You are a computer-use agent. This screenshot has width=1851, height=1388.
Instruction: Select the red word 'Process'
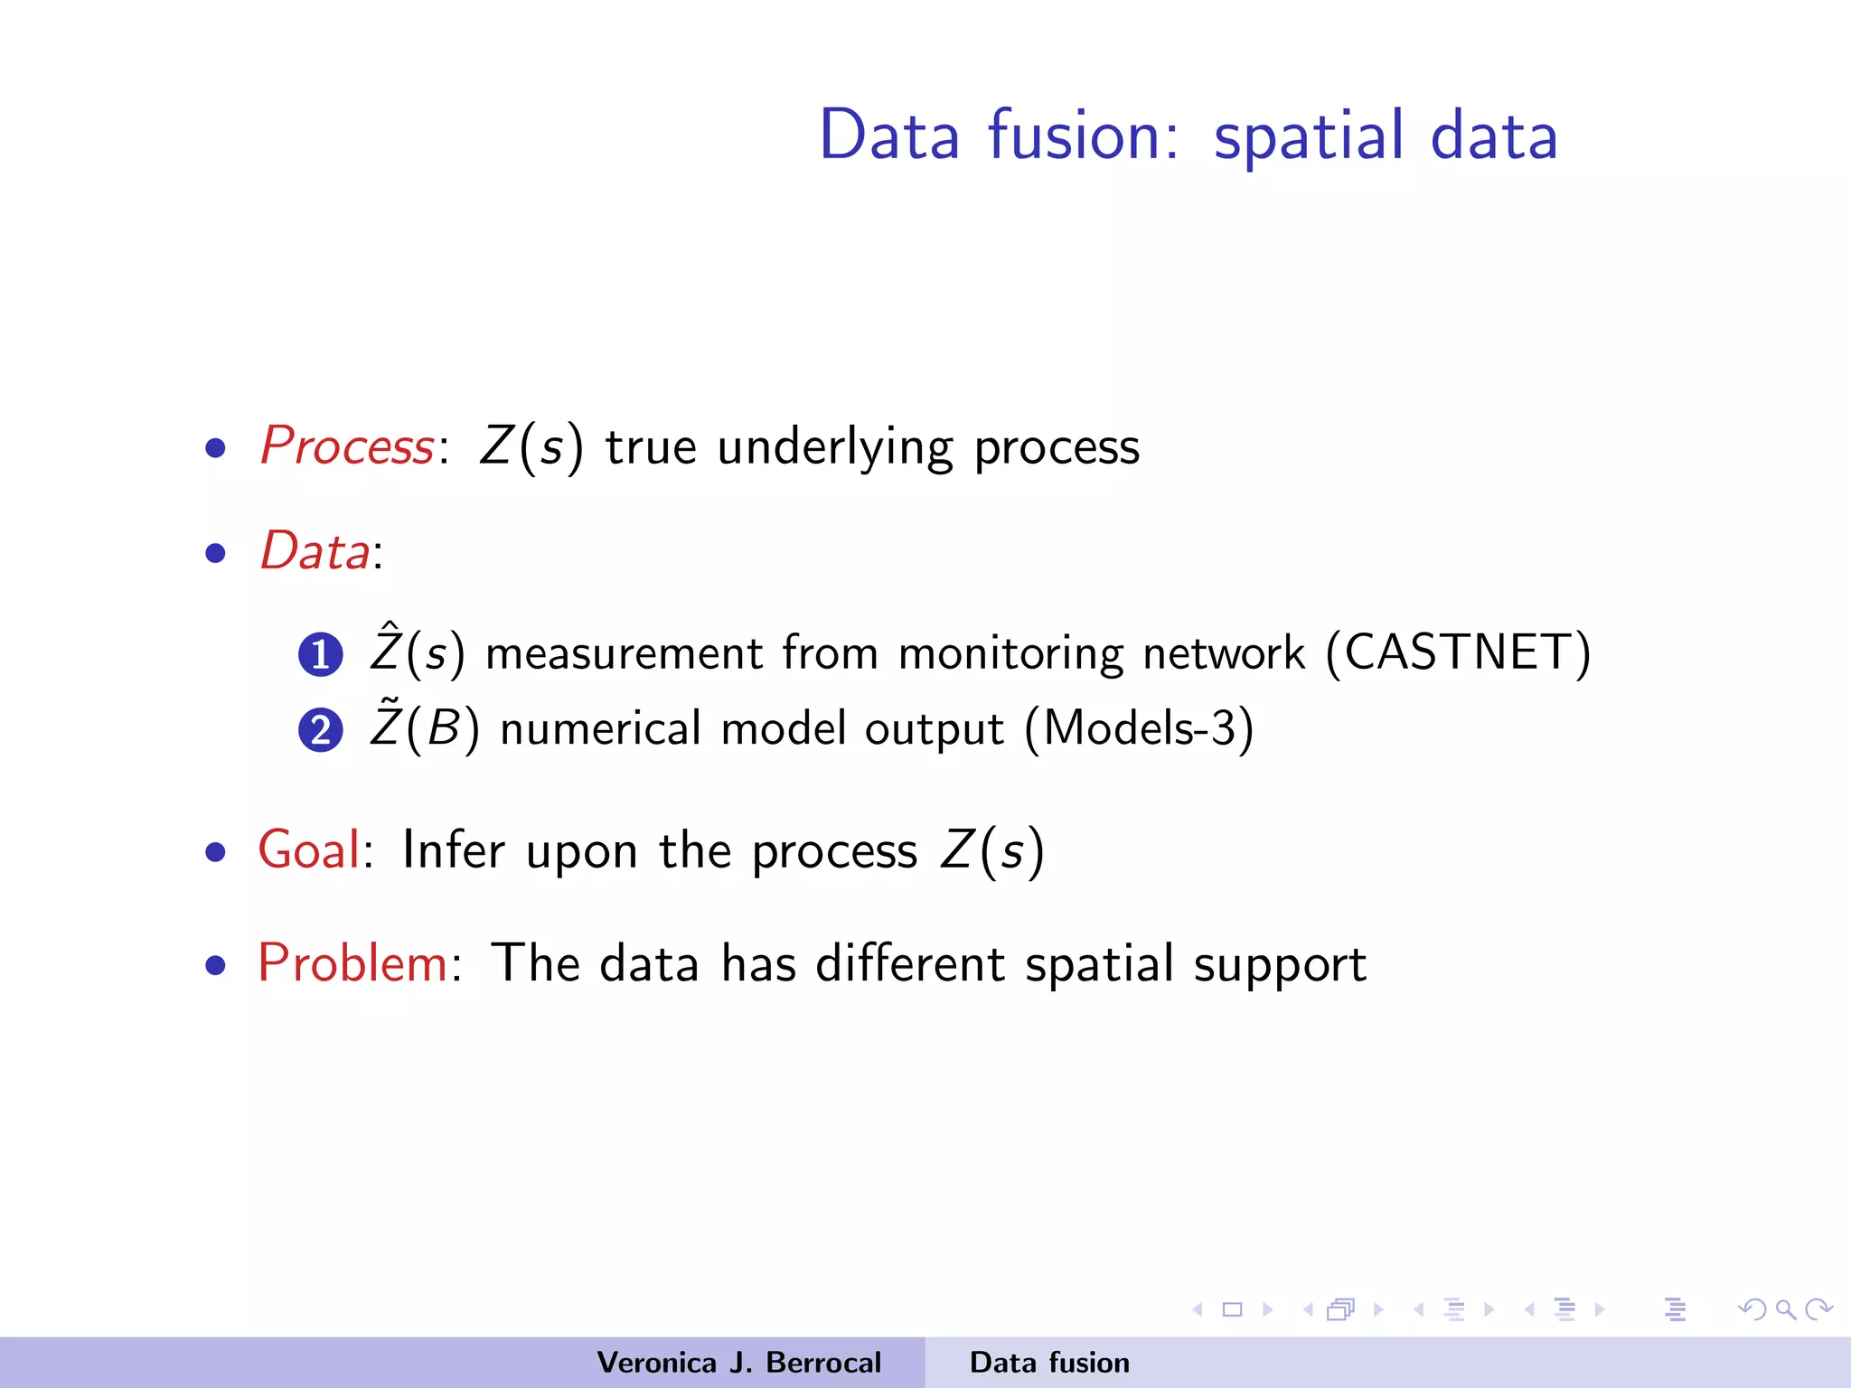click(x=347, y=446)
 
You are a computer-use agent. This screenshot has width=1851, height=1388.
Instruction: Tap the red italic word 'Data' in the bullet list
click(x=315, y=551)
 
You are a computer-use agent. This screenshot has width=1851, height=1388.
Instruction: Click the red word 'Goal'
click(x=309, y=850)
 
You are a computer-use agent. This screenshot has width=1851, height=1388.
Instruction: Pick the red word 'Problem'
click(x=352, y=963)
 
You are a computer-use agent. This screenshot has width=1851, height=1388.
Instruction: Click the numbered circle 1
click(x=320, y=655)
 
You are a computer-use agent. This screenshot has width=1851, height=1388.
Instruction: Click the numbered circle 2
click(x=320, y=730)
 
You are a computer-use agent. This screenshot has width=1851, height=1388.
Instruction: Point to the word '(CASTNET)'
click(x=1458, y=652)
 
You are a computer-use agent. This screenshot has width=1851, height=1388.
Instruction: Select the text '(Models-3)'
click(x=1139, y=728)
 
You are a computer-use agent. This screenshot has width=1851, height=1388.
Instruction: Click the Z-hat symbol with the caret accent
click(x=385, y=648)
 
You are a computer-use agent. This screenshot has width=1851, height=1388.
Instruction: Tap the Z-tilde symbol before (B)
click(x=385, y=724)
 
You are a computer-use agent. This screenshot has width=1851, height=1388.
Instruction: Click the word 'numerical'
click(x=600, y=728)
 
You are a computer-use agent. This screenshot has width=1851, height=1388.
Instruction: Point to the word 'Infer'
click(x=453, y=850)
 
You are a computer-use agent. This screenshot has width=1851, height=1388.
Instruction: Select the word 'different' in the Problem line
click(x=910, y=963)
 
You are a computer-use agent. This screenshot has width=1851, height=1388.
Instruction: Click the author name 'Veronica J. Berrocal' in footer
click(x=738, y=1363)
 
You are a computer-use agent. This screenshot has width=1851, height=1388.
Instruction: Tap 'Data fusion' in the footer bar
click(x=1049, y=1363)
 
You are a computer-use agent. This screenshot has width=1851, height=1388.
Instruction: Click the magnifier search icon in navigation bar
click(x=1785, y=1309)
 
